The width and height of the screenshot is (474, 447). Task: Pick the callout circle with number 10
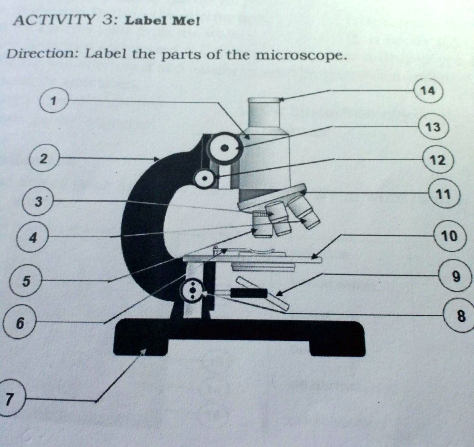449,236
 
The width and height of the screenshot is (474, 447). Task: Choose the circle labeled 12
437,160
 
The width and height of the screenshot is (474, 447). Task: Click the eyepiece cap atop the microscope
264,100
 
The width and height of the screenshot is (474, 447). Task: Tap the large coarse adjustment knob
225,147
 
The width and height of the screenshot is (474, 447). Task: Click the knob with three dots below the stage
192,291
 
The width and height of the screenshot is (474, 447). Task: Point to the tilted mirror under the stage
262,294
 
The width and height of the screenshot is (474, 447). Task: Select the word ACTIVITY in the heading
51,21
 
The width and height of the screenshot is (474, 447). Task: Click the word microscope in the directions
300,56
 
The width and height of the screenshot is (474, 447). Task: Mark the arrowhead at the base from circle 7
144,352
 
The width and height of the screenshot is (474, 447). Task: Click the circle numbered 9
456,277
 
